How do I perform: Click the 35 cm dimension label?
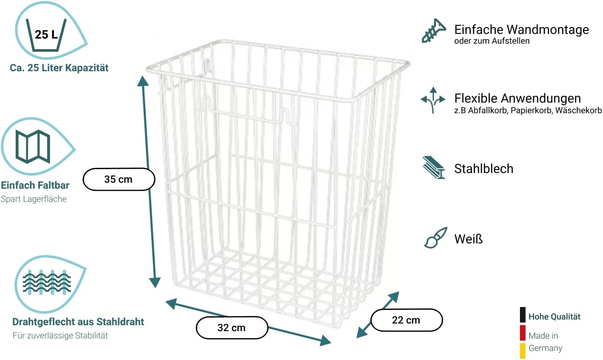(119, 179)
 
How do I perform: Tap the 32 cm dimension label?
(232, 328)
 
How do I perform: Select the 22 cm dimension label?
(406, 320)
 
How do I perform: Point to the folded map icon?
(33, 147)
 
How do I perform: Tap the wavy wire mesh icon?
(47, 282)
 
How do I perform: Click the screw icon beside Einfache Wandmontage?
(433, 31)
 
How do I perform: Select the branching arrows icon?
(433, 100)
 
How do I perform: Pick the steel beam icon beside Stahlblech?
(433, 168)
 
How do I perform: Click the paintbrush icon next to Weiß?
(435, 238)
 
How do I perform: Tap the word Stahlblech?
(484, 169)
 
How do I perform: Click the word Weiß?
(468, 239)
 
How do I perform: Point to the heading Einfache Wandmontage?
(521, 30)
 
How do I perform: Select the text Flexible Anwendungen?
(517, 98)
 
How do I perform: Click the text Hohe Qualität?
(554, 317)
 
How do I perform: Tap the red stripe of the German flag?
(523, 333)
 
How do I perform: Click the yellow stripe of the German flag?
(523, 350)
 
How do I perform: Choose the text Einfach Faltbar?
(35, 185)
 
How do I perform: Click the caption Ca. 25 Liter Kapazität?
(59, 68)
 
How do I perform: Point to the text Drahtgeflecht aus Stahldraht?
(78, 322)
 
